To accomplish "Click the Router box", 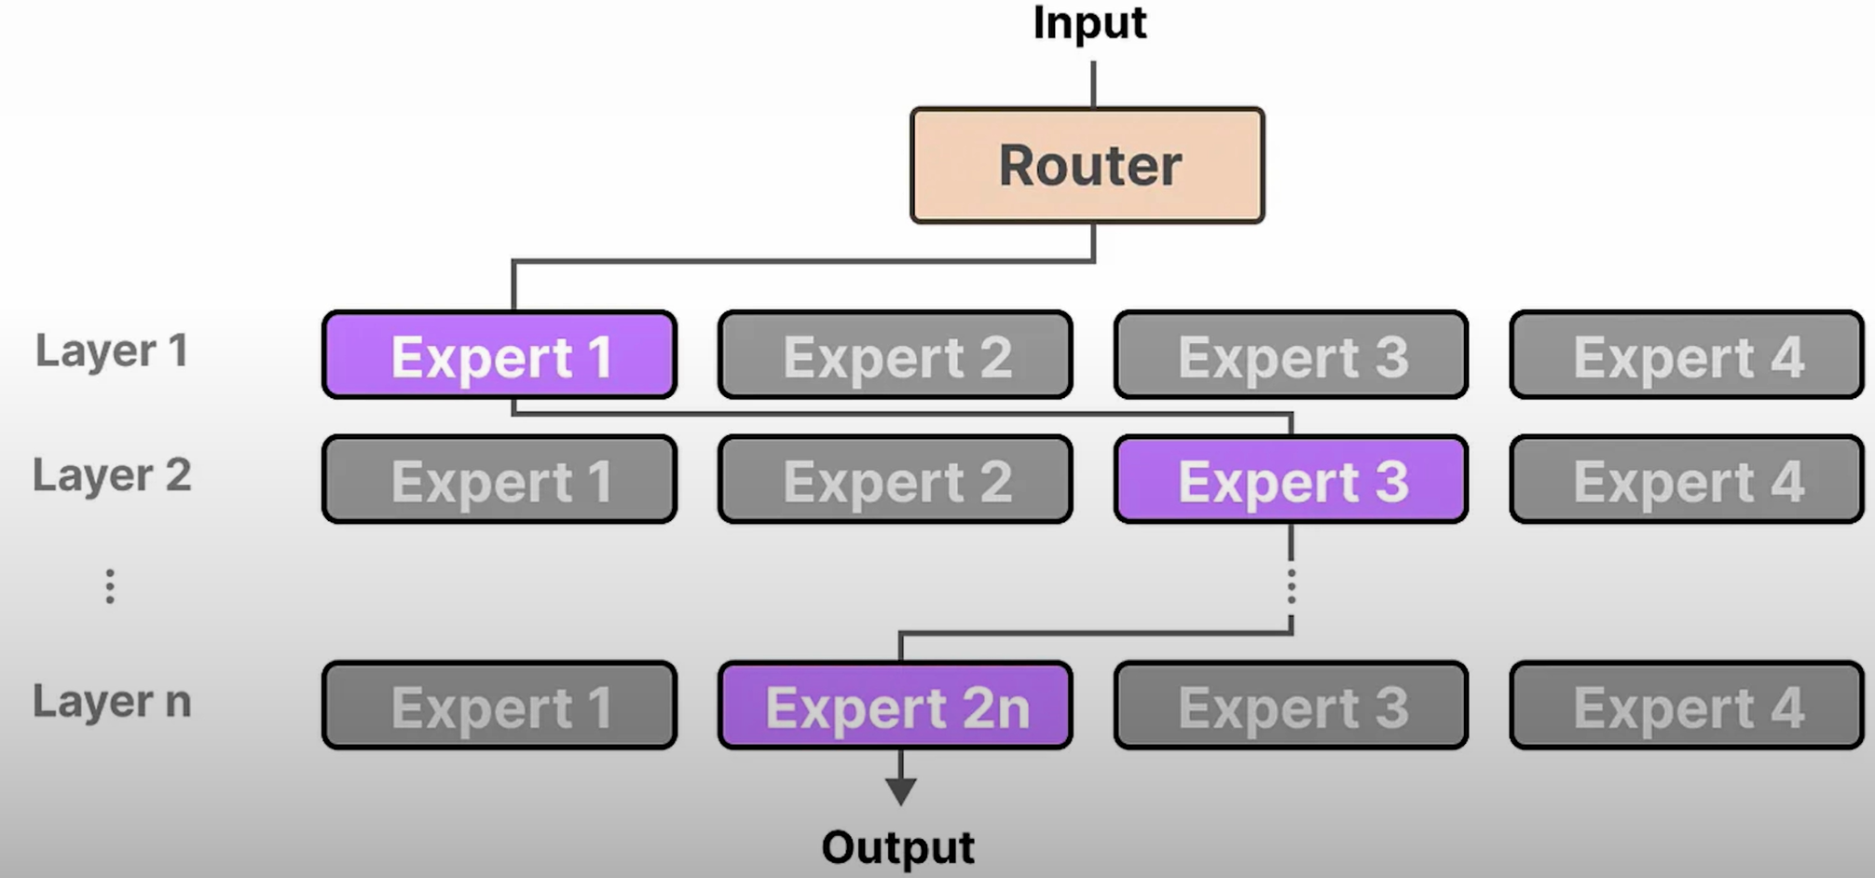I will click(1088, 166).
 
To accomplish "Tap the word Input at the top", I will click(1089, 23).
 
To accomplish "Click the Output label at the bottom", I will click(897, 847).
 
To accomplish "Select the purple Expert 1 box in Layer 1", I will click(500, 356).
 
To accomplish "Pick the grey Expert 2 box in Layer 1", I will click(896, 356).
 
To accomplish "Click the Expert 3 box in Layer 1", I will click(1292, 356).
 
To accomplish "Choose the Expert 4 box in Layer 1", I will click(1687, 356).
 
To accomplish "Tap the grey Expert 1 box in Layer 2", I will click(500, 480).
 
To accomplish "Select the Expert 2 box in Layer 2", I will click(896, 480).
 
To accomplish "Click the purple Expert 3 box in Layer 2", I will click(1292, 480).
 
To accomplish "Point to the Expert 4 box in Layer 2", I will click(1687, 480).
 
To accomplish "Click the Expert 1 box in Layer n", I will click(500, 707).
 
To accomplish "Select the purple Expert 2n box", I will click(896, 707).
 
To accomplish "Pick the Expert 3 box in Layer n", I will click(1292, 707).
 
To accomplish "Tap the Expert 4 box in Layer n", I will click(1687, 707).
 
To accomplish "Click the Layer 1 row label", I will click(112, 351).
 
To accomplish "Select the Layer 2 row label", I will click(112, 475).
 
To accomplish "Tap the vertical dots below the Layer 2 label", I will click(110, 586).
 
